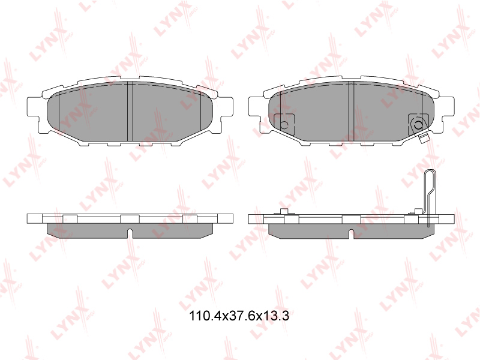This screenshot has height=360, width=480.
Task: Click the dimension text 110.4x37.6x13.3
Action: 239,316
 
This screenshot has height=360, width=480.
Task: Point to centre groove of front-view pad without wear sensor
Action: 130,112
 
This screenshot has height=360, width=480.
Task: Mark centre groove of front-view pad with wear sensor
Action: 351,112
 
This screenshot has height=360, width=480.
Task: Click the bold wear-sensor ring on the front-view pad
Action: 418,125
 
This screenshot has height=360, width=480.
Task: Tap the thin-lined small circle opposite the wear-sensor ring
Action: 284,125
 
